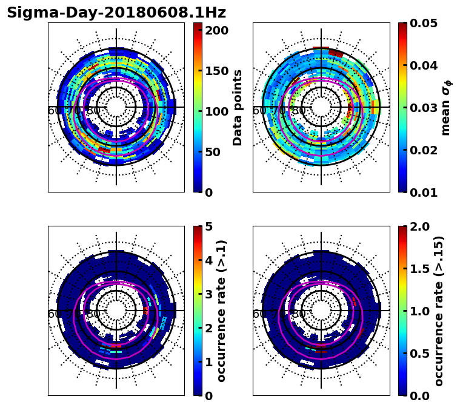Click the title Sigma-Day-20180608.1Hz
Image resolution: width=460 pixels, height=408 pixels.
(116, 13)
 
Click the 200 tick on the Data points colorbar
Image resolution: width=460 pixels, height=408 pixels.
(217, 30)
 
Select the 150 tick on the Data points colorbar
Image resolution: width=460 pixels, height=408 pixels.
(217, 71)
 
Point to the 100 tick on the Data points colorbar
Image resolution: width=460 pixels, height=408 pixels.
(217, 111)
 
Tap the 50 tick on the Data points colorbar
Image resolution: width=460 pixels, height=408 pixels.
(217, 152)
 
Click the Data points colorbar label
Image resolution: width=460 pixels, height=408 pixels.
(238, 107)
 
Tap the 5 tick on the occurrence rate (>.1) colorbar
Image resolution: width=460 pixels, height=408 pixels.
(210, 226)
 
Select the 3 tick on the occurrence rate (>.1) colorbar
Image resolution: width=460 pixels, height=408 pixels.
(210, 294)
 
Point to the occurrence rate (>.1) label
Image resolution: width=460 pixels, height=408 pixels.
(222, 311)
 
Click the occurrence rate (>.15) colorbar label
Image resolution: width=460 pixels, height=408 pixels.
(439, 311)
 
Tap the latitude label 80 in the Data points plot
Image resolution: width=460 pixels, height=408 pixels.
(93, 111)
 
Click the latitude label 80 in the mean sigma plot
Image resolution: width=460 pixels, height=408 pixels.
(298, 111)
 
